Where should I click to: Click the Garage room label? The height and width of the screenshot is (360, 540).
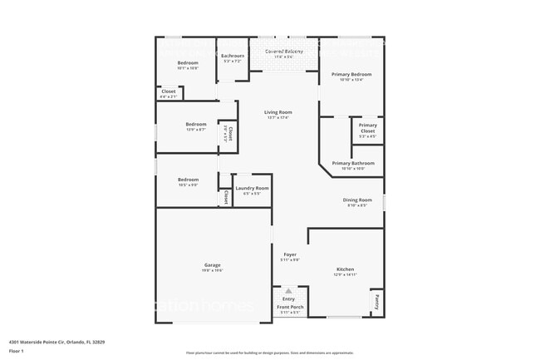[213, 265]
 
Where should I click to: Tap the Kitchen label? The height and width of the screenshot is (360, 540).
[346, 269]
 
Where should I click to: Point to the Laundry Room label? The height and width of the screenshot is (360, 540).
[251, 189]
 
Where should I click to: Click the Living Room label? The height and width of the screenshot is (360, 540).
[278, 112]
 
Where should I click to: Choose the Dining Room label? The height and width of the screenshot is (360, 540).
[358, 200]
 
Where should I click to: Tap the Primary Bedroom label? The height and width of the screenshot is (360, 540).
[351, 75]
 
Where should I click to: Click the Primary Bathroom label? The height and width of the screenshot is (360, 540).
[353, 164]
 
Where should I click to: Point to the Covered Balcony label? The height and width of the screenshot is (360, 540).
[283, 52]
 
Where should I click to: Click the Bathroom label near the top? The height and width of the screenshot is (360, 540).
[233, 56]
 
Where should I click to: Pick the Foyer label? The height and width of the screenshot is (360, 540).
[290, 254]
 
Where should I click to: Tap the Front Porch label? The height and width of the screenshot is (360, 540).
[290, 308]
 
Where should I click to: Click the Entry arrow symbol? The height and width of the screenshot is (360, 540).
[288, 292]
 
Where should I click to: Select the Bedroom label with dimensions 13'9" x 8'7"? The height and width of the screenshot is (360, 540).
[196, 125]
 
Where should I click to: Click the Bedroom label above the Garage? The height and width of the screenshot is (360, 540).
[188, 180]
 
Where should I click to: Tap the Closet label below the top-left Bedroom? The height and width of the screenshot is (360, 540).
[168, 91]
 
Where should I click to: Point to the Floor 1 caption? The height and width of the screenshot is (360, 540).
[18, 351]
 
